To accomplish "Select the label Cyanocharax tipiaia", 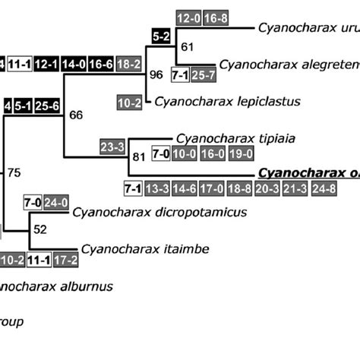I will [x=225, y=138].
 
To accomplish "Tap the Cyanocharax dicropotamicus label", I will [x=159, y=212].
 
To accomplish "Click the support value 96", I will [x=156, y=75].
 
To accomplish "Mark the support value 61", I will [x=188, y=47].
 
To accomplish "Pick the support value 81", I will [x=138, y=158].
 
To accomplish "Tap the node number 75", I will [x=14, y=172].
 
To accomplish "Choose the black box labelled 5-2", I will [x=162, y=36].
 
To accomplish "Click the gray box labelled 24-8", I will [x=341, y=188].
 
